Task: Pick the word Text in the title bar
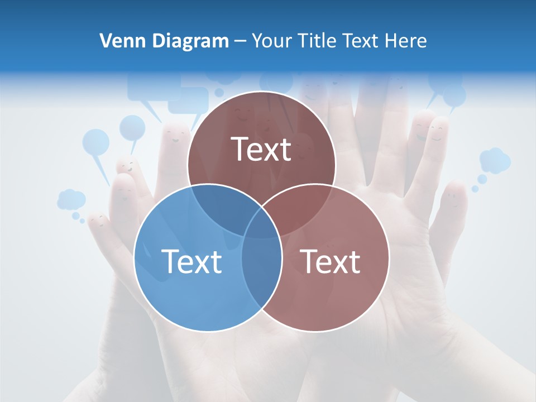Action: tap(361, 41)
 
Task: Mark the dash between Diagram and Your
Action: tap(240, 41)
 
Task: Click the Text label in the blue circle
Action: tap(192, 261)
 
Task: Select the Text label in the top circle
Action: tap(261, 150)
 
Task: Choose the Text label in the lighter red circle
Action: tap(331, 261)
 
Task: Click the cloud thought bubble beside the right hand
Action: tap(495, 160)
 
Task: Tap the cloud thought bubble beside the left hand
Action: tap(71, 199)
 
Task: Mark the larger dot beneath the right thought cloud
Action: tap(482, 179)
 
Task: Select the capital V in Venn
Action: tap(105, 41)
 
